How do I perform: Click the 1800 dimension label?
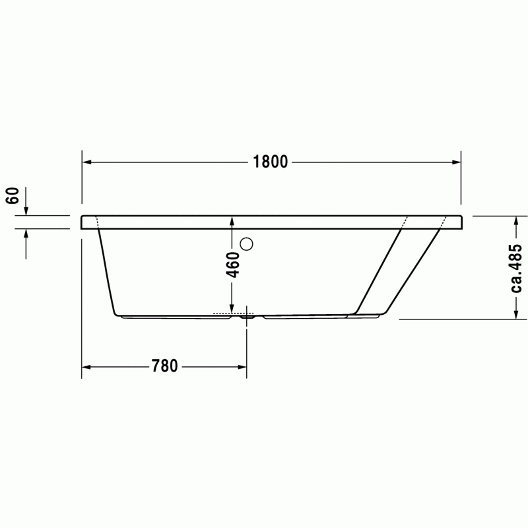(271, 162)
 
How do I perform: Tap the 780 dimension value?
(164, 366)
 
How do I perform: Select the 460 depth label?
(232, 265)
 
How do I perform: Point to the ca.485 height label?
(516, 268)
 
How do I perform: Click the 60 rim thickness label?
(13, 195)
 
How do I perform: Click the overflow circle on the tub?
(246, 244)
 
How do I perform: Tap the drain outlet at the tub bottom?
(247, 317)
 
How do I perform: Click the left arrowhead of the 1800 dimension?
(87, 162)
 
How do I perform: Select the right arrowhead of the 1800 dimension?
(456, 162)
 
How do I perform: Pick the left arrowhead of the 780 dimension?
(86, 367)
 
